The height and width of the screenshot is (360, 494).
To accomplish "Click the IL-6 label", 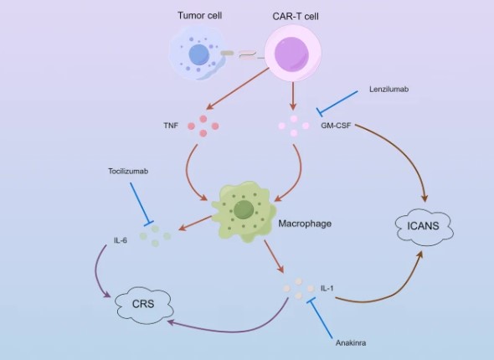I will (121, 241).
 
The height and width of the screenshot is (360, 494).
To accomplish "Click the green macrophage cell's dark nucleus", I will (244, 209).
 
